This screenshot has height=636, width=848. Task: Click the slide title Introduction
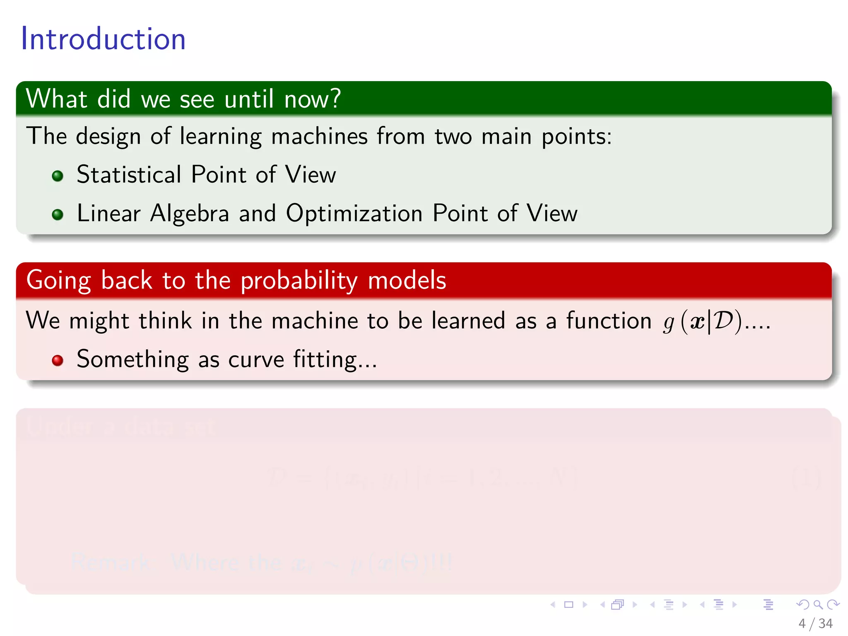[103, 39]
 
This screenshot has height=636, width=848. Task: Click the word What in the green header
[57, 99]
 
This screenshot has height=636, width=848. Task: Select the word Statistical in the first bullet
[129, 174]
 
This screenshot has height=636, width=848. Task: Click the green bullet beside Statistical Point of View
[58, 176]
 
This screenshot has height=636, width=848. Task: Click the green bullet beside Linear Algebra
[58, 214]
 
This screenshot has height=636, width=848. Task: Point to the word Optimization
[354, 214]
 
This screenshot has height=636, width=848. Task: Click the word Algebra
[190, 214]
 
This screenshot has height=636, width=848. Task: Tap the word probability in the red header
[299, 281]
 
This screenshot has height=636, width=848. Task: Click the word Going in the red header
[58, 281]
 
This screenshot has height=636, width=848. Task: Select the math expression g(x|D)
[702, 322]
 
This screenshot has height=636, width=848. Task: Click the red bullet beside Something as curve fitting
[58, 360]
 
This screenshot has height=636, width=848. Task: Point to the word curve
[256, 359]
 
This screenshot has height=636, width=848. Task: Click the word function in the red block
[609, 321]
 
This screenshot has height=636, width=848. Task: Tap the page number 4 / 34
[815, 624]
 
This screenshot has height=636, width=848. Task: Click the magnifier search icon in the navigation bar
[818, 605]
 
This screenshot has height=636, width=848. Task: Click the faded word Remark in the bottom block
[110, 562]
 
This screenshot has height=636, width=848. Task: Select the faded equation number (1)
[805, 478]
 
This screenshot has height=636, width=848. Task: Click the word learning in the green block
[221, 136]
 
